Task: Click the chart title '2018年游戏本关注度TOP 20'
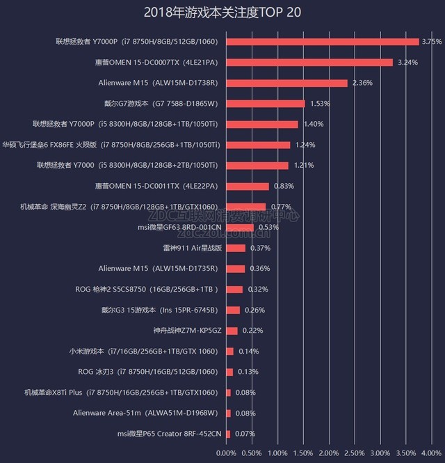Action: pos(222,12)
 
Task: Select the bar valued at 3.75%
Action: pos(323,42)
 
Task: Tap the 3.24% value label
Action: pos(407,63)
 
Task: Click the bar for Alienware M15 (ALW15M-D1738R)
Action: pos(286,83)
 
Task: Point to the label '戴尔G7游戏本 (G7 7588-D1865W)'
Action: pos(161,104)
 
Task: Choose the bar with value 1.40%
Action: pos(262,125)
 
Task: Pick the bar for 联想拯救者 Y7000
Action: pos(257,166)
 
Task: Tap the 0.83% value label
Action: pos(283,186)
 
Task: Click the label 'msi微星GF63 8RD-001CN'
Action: pos(180,227)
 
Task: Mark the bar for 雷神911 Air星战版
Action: pos(236,248)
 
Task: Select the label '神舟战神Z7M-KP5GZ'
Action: pos(187,331)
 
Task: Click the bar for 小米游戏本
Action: pos(229,352)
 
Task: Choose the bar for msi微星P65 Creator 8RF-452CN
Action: pos(228,434)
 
